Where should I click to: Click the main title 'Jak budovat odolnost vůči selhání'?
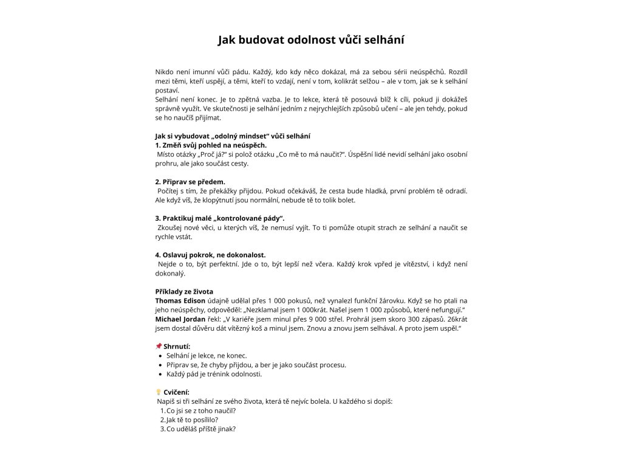[x=311, y=40]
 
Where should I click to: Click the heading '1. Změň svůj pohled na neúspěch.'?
[x=211, y=145]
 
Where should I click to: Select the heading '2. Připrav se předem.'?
[x=190, y=182]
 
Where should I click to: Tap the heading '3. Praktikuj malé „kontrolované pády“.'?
[x=220, y=218]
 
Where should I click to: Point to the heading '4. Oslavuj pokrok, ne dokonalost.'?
[x=210, y=255]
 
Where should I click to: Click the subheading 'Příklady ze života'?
[x=184, y=291]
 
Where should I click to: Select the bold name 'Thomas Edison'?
[x=180, y=300]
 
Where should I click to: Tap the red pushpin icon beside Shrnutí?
[x=159, y=346]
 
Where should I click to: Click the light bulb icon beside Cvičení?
[x=159, y=392]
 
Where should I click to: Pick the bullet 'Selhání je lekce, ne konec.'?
[x=207, y=355]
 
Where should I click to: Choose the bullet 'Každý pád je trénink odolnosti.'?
[x=214, y=374]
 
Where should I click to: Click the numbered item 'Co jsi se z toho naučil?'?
[x=201, y=410]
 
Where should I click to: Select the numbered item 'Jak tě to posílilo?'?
[x=192, y=420]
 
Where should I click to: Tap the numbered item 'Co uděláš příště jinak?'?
[x=201, y=429]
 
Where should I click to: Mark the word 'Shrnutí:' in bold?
[x=177, y=346]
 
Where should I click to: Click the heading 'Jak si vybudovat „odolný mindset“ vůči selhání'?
[x=233, y=136]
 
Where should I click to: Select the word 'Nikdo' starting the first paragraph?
[x=165, y=72]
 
